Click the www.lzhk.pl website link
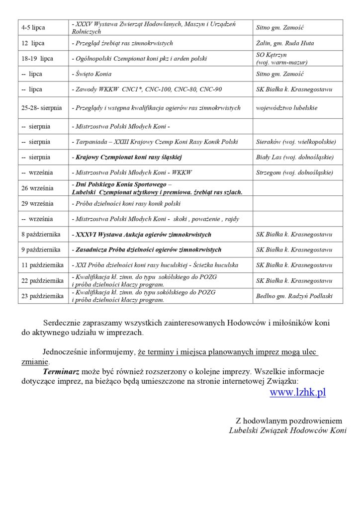297,392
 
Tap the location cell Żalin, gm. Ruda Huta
284,43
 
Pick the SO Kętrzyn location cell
281,59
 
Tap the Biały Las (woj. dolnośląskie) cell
294,157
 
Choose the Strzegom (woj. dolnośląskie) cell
293,172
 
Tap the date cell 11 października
41,265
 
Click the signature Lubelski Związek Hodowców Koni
288,430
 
